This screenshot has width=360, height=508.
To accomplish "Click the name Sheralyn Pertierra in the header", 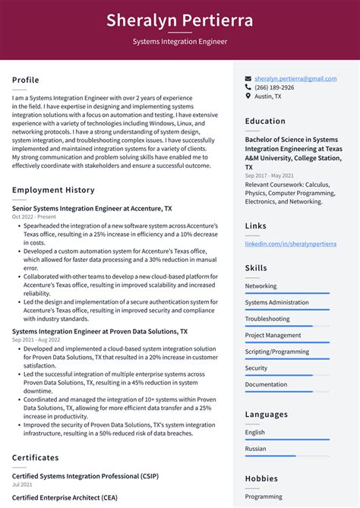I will pos(180,20).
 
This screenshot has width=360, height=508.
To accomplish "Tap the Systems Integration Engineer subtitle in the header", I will pos(180,41).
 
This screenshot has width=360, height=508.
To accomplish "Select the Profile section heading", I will pos(26,80).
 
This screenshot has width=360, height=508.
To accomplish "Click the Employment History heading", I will pos(53,190).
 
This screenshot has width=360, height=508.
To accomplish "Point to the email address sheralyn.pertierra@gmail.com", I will pos(295,78).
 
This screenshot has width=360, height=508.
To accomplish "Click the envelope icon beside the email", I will pos(248,78).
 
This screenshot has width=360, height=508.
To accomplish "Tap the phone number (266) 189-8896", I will pos(274,87).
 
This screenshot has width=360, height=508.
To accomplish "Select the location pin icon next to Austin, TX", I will pos(248,96).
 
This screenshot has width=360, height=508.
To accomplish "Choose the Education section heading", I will pos(265,121).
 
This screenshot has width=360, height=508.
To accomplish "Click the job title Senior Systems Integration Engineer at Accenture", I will pos(92,208).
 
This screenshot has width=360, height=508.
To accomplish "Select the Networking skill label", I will pos(261,286).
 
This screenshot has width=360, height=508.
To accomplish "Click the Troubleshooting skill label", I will pos(267,319).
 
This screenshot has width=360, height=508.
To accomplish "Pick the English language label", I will pos(254,432).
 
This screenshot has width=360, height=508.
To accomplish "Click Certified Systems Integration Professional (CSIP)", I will pos(85,476).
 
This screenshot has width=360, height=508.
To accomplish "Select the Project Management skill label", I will pos(273,335).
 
